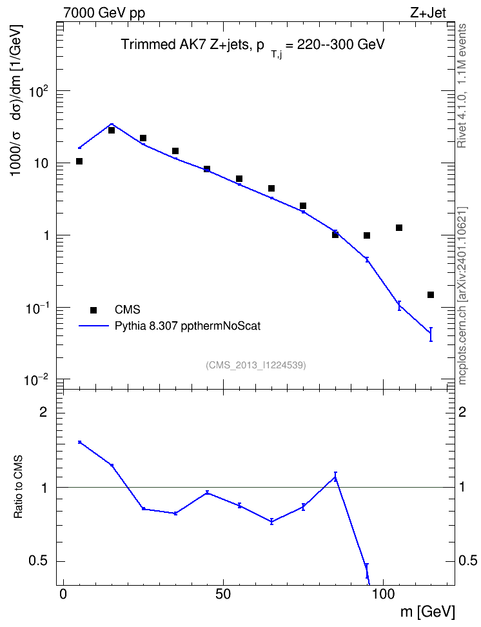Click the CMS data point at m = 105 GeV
click(398, 228)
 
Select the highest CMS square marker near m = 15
click(112, 130)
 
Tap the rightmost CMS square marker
click(431, 295)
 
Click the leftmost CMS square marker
click(79, 161)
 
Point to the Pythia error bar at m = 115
click(431, 334)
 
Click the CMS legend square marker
click(93, 310)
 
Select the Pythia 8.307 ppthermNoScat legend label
click(188, 326)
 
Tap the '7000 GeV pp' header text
click(104, 13)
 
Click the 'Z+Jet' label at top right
click(428, 13)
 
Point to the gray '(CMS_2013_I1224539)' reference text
click(256, 365)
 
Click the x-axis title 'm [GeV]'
click(427, 612)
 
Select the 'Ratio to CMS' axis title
click(19, 487)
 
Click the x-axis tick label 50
click(222, 594)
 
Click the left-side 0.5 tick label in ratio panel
click(39, 561)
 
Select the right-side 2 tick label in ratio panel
click(462, 412)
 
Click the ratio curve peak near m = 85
click(335, 477)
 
